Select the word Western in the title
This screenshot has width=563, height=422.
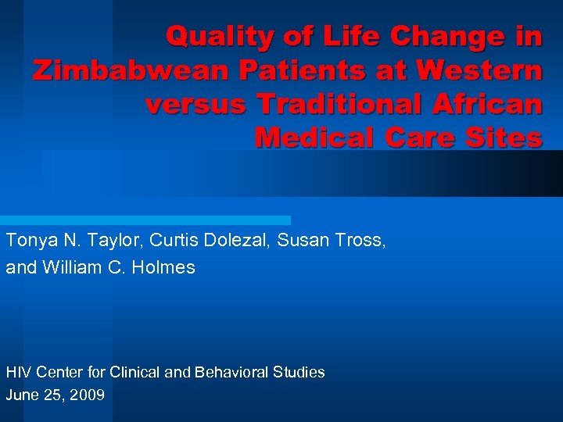click(479, 71)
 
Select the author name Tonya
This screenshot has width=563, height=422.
click(28, 241)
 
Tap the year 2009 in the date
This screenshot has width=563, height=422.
click(87, 395)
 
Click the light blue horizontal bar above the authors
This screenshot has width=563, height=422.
click(145, 220)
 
